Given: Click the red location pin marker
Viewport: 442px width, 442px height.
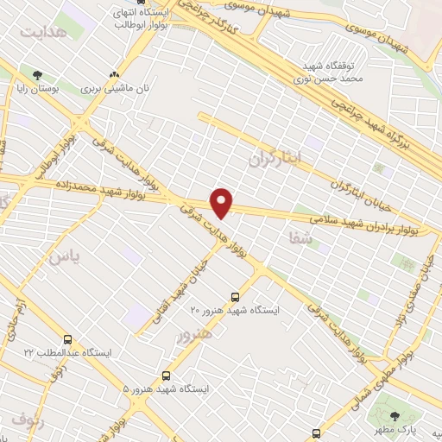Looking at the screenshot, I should (x=223, y=203).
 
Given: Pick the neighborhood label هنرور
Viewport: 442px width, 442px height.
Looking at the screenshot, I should (x=193, y=334).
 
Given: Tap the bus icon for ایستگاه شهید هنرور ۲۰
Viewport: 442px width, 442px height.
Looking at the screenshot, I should (x=236, y=296).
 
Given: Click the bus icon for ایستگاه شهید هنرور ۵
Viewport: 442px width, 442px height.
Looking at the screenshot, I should (x=166, y=376).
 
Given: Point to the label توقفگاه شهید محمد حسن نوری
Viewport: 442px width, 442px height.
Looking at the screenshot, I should (x=334, y=73).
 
